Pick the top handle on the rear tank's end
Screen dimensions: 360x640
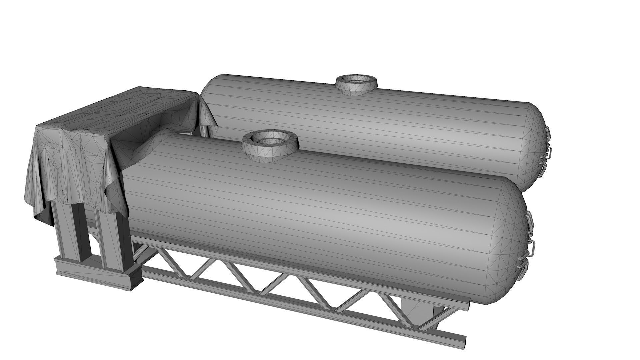(548, 134)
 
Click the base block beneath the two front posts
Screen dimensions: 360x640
(100, 272)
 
